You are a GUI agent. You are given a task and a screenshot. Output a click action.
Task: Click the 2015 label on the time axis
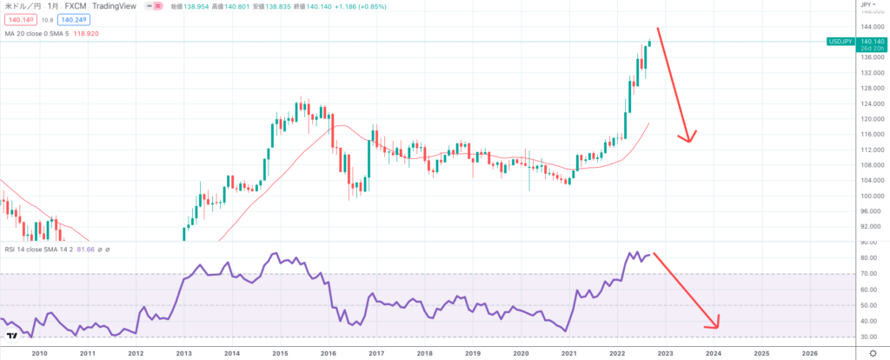280,354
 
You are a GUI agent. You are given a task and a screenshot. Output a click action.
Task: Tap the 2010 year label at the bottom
39,354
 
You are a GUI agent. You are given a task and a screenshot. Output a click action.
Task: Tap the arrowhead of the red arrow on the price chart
689,140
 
